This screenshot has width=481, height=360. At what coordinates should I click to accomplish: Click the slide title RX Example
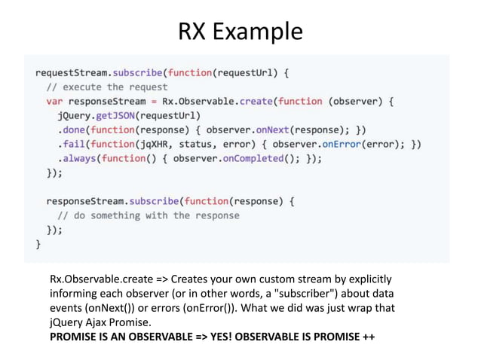coord(240,32)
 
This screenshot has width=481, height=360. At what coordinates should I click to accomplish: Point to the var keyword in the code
coord(55,101)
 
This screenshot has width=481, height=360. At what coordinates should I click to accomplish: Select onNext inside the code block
coord(272,130)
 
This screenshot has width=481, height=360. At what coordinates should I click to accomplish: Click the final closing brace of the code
coord(39,244)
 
